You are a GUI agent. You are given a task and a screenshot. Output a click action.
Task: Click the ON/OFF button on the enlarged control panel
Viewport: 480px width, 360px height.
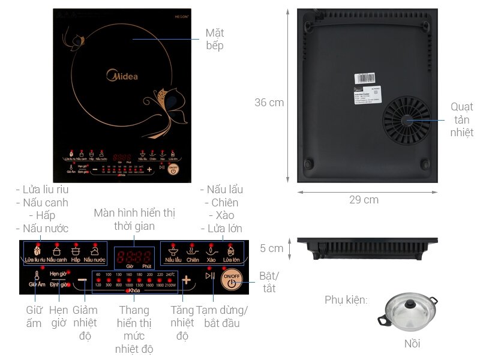[231, 280]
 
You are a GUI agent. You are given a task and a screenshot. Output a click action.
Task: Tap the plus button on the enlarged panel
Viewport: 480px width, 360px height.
[186, 280]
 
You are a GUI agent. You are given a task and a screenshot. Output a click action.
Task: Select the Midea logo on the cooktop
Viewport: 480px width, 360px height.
[122, 76]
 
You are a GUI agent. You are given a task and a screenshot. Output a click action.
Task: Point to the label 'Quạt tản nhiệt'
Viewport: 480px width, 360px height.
[462, 119]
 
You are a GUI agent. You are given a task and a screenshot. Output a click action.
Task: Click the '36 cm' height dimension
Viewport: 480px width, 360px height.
[269, 103]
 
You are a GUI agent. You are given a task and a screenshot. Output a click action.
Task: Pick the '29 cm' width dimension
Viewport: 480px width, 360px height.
[364, 200]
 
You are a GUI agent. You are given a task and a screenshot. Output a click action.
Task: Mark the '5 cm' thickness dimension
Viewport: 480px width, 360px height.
[276, 248]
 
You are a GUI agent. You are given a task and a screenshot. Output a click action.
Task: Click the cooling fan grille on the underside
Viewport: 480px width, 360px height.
[408, 121]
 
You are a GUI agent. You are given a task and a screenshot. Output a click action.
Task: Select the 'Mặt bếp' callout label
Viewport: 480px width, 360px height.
[214, 39]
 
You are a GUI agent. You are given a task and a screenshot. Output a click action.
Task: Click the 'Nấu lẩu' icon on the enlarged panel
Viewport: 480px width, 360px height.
[173, 251]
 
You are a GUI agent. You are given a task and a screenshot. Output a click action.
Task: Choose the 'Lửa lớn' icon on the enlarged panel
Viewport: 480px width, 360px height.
[231, 251]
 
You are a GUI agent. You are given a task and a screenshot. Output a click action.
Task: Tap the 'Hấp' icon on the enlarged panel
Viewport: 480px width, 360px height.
[76, 251]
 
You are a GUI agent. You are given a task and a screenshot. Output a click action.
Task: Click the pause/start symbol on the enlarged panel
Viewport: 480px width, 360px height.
[209, 276]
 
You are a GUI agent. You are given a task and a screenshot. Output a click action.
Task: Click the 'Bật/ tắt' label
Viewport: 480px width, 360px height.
[269, 282]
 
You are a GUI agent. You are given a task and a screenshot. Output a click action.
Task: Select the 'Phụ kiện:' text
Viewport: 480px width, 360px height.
[346, 299]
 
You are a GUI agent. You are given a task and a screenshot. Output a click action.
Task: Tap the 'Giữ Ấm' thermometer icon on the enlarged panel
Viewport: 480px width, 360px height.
[37, 277]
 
